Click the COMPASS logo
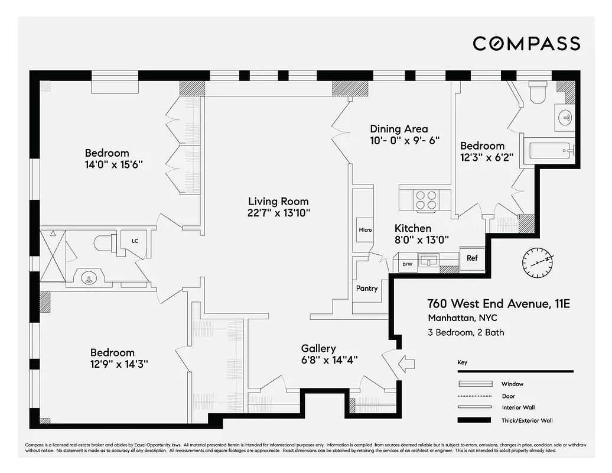coord(526,43)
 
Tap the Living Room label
coord(278,202)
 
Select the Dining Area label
coord(399,129)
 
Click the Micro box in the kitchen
coord(364,229)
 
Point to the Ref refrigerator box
coord(472,258)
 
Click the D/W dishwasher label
coord(408,264)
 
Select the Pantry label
coord(366,289)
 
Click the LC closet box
coord(135,241)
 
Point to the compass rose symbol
coord(538,261)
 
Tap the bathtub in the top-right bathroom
coord(549,150)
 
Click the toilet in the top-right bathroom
coord(538,93)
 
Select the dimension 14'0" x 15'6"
coord(113,165)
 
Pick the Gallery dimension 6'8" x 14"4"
coord(329,359)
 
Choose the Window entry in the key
coord(512,384)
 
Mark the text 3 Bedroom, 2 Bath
coord(465,332)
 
